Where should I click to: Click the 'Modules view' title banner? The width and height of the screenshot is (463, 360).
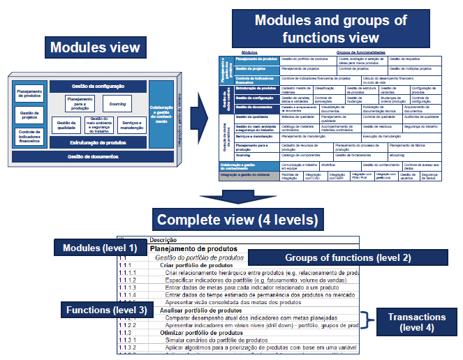point(94,48)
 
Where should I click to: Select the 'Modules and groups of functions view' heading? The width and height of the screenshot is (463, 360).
point(330,29)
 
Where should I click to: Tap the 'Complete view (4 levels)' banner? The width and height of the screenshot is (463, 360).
point(237,220)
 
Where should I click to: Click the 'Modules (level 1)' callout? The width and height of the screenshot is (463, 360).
point(101,248)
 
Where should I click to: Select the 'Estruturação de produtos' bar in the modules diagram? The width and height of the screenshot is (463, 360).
point(98,142)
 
